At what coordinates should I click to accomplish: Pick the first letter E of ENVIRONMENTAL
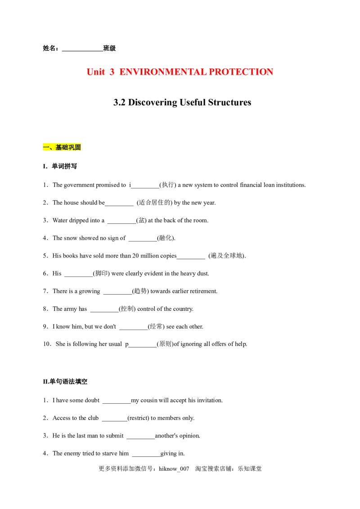(121, 72)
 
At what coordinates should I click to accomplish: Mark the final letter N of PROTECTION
(271, 72)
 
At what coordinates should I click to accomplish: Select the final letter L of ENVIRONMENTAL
(206, 72)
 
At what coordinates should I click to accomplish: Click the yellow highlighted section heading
(61, 147)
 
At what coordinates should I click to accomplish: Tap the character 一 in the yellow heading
(45, 147)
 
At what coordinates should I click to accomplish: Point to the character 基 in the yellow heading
(58, 147)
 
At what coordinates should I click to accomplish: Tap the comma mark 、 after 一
(51, 148)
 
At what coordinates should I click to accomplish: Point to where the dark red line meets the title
(274, 70)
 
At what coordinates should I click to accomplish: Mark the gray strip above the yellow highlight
(61, 141)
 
